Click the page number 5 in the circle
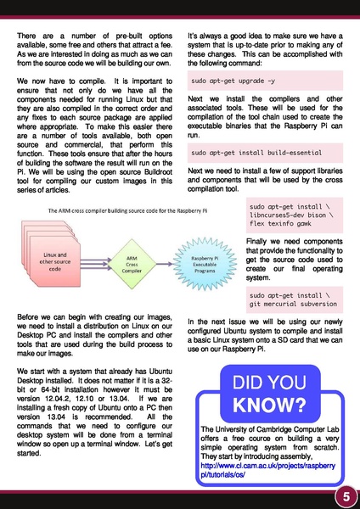click(346, 495)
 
